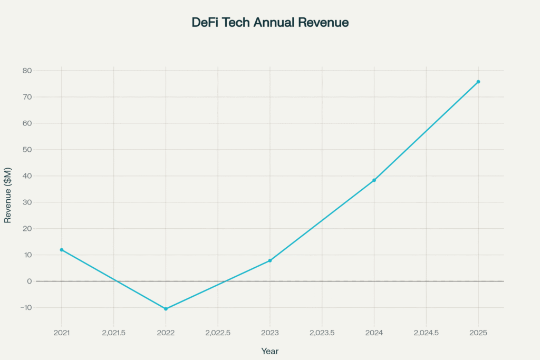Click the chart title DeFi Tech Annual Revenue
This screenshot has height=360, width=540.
tap(269, 23)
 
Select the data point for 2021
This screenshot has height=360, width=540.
tap(62, 250)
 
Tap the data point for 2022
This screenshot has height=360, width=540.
tap(166, 309)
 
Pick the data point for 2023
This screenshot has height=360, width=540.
tap(270, 260)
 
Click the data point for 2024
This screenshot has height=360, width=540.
tap(374, 180)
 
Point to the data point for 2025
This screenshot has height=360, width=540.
tap(478, 82)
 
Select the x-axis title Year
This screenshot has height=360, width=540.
tap(269, 351)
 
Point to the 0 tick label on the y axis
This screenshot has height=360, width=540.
tap(30, 281)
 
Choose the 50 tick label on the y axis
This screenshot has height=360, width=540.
tap(27, 150)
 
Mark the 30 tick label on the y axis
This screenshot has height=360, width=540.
tap(27, 202)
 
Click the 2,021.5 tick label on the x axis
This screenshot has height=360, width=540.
tap(113, 333)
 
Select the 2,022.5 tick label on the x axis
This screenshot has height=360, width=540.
tap(218, 333)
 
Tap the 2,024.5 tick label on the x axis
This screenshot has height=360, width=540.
tap(426, 333)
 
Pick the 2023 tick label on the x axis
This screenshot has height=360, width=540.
tap(270, 333)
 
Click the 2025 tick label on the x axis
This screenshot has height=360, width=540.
tap(478, 333)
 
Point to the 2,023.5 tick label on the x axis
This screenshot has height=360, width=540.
tap(322, 333)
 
